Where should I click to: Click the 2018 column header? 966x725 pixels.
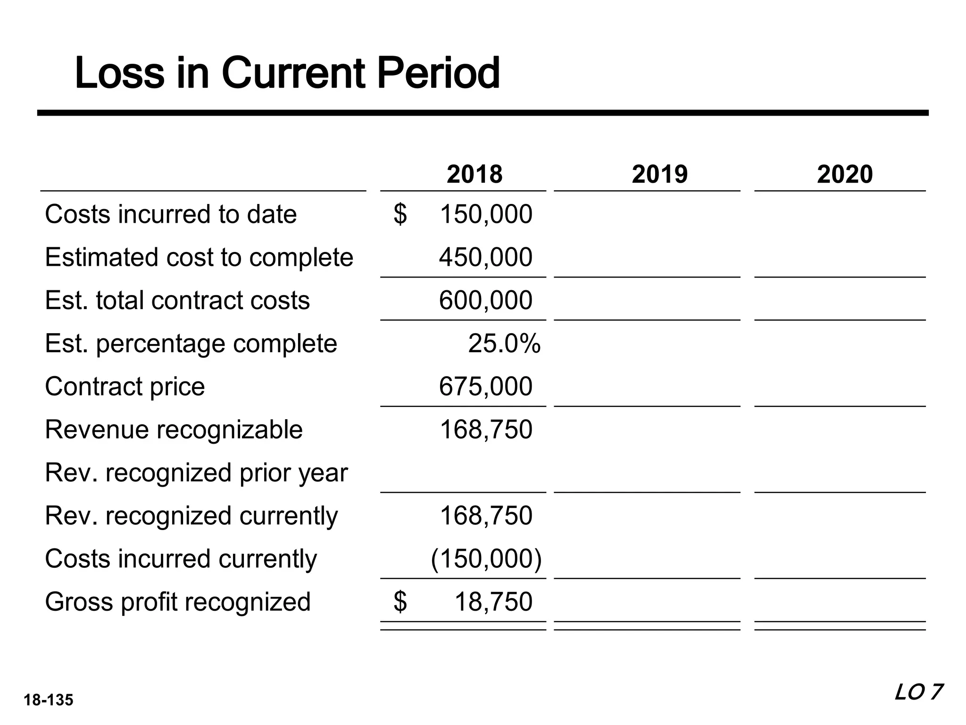pyautogui.click(x=474, y=174)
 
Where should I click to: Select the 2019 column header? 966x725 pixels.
pyautogui.click(x=659, y=174)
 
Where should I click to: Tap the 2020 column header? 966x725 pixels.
pyautogui.click(x=844, y=174)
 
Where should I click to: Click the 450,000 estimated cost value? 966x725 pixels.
pyautogui.click(x=485, y=257)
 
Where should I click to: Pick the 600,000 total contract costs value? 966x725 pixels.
pyautogui.click(x=485, y=300)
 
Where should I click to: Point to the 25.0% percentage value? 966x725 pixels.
pyautogui.click(x=504, y=343)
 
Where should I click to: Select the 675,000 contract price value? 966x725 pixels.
pyautogui.click(x=485, y=386)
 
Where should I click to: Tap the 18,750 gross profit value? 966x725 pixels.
pyautogui.click(x=493, y=602)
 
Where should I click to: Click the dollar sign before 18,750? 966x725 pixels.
pyautogui.click(x=400, y=602)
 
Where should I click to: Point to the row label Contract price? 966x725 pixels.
pyautogui.click(x=125, y=386)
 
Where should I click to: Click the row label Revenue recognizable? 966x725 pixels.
pyautogui.click(x=174, y=430)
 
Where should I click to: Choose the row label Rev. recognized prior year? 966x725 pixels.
pyautogui.click(x=196, y=472)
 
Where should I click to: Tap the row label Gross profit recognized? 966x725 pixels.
pyautogui.click(x=178, y=602)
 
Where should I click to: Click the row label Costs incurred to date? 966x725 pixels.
pyautogui.click(x=171, y=214)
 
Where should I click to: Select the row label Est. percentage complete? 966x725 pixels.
pyautogui.click(x=191, y=343)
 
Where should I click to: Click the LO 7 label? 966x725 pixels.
pyautogui.click(x=918, y=693)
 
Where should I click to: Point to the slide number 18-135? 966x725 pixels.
pyautogui.click(x=49, y=700)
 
